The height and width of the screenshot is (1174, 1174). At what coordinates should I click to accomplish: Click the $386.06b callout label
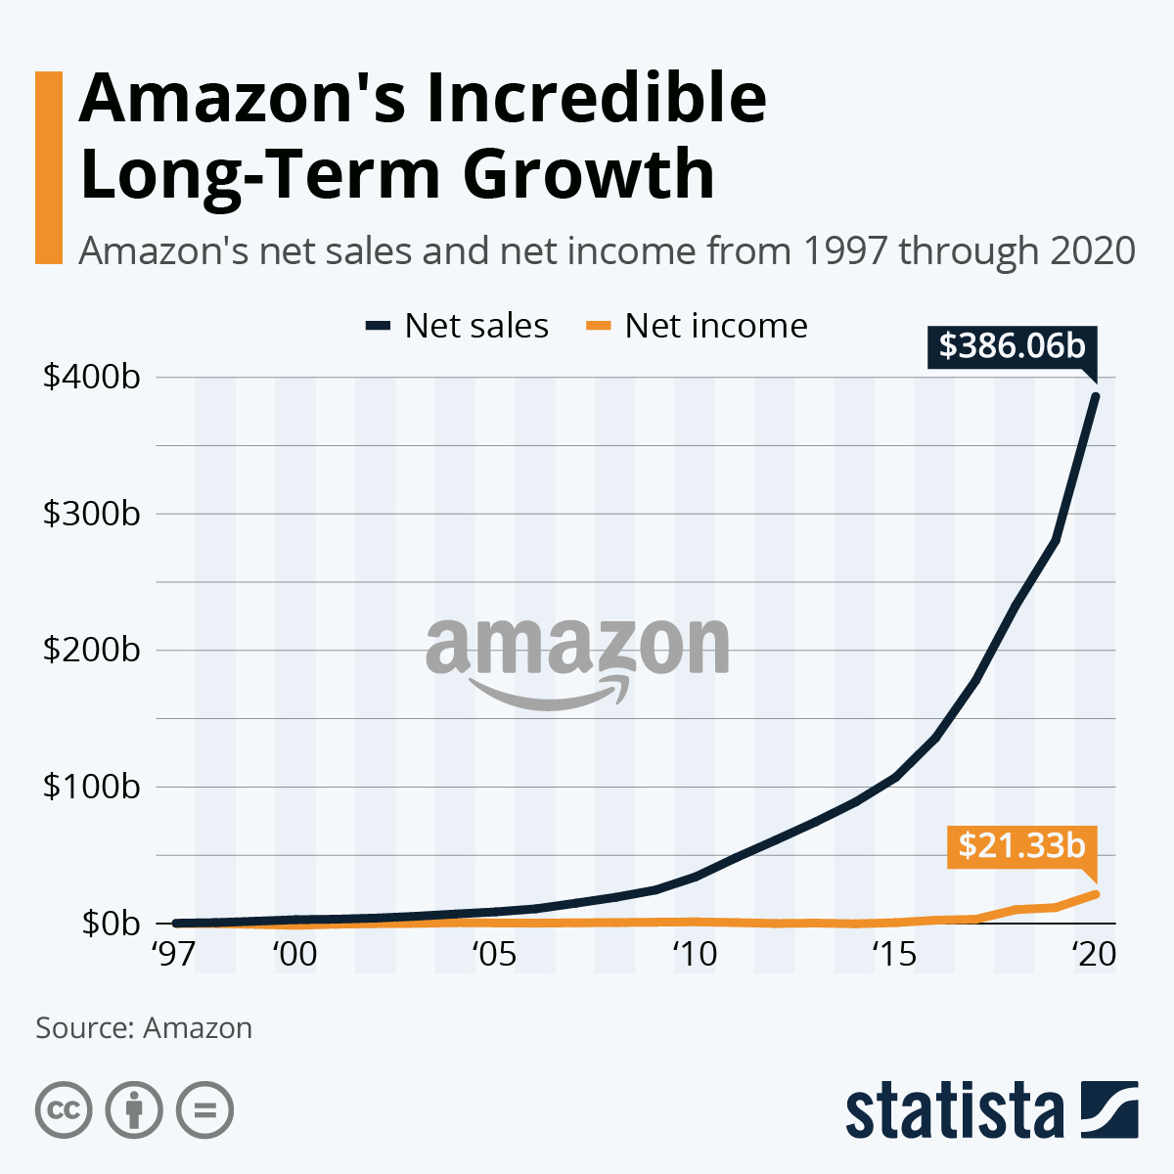1012,346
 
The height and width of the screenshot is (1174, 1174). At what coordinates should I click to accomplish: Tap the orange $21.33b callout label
1021,845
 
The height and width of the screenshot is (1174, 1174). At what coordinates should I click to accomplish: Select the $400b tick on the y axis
91,377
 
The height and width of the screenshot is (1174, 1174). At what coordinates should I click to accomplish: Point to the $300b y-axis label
91,514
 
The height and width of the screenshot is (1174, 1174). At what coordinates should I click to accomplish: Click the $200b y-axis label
91,650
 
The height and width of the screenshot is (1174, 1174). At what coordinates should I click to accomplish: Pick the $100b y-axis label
91,787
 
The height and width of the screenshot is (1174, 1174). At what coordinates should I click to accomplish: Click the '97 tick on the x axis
174,954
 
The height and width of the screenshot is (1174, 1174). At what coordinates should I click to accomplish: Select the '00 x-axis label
294,954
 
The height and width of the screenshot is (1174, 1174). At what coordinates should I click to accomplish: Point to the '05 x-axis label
494,954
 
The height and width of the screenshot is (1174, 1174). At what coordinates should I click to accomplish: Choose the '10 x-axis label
695,954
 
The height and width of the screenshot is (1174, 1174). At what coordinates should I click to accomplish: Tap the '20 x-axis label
1093,954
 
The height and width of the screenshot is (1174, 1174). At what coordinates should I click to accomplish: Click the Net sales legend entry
457,326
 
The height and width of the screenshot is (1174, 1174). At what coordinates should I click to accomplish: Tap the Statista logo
991,1110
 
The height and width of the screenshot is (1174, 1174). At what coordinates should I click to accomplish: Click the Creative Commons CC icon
64,1110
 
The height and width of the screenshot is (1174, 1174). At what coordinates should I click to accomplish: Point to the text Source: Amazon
144,1028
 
